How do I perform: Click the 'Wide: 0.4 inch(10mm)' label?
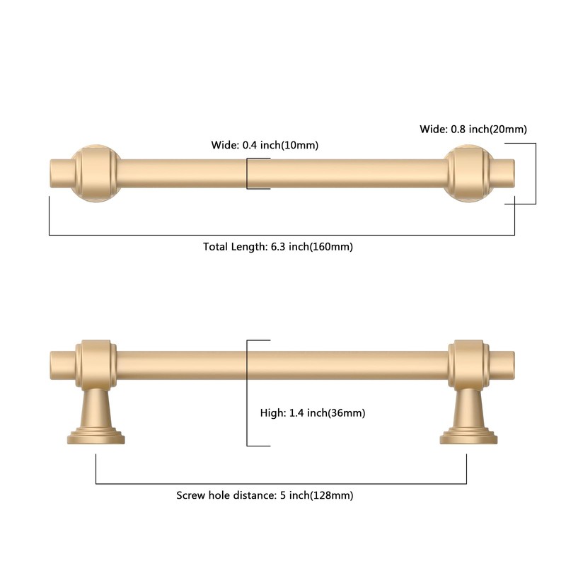265,145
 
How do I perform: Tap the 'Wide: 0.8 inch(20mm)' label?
473,129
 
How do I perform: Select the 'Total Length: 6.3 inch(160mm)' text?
278,247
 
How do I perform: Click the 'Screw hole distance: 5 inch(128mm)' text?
265,495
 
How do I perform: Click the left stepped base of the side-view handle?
96,435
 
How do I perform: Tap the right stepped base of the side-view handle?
468,435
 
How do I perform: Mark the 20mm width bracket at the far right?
534,173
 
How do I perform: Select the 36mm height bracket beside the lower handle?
248,393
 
